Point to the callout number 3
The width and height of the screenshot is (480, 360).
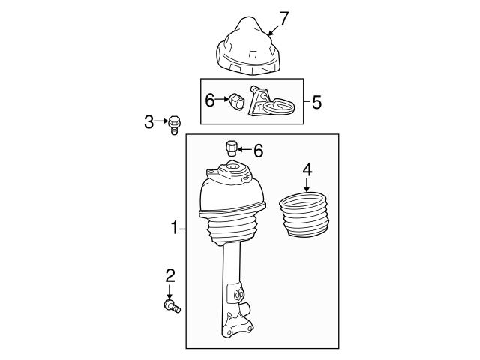(148, 121)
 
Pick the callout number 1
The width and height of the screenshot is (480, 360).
(174, 227)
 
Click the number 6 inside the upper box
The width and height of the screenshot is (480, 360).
(210, 97)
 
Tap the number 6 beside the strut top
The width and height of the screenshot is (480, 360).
(258, 151)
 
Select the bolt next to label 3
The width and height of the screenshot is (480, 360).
(174, 124)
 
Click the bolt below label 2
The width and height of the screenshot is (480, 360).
(171, 305)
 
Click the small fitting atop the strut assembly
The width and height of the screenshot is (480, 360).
(231, 146)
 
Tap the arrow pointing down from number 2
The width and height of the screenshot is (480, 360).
(169, 291)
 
